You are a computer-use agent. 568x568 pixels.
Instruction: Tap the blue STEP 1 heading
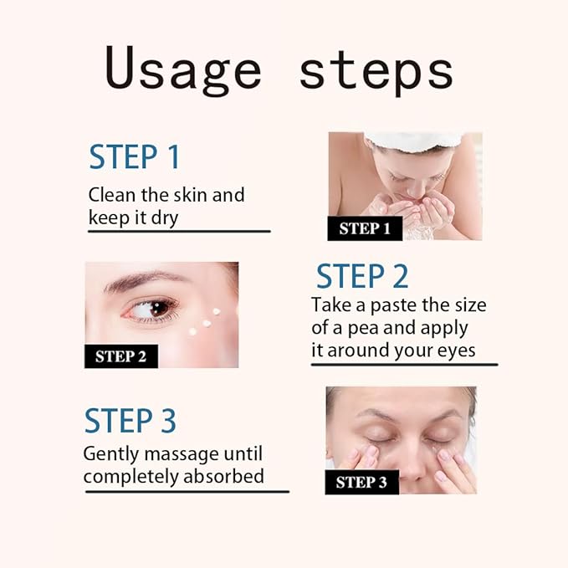click(135, 156)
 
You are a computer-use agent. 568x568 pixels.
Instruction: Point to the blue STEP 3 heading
click(130, 421)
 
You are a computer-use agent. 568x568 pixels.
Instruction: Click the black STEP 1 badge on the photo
click(364, 228)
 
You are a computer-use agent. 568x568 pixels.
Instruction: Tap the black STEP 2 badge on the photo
click(120, 356)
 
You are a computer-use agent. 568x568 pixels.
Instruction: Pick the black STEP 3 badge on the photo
click(361, 482)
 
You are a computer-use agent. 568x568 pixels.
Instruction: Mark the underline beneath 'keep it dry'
click(179, 231)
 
